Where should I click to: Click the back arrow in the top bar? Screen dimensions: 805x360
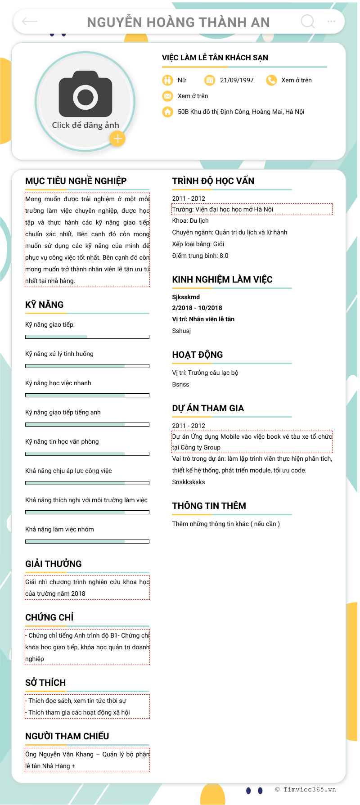pos(30,21)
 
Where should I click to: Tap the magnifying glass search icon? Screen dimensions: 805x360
pos(308,21)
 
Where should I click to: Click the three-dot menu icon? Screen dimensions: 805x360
pos(331,21)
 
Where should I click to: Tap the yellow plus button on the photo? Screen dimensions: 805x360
pos(117,139)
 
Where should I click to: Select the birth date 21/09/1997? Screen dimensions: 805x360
pos(237,80)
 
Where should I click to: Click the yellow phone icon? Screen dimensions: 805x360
pos(271,80)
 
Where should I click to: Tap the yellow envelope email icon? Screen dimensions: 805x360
pos(167,96)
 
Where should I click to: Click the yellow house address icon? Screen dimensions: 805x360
pos(167,112)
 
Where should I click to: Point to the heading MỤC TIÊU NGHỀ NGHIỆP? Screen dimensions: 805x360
pos(76,181)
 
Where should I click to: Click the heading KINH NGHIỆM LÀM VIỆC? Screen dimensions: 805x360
pos(222,279)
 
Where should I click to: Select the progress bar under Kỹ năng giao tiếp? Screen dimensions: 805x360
pos(87,337)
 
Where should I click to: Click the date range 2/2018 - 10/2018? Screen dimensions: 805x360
pos(197,308)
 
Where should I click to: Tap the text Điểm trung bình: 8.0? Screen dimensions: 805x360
pos(200,256)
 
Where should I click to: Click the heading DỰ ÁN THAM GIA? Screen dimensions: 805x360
pos(208,408)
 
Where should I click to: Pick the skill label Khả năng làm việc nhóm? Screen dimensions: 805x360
pos(59,529)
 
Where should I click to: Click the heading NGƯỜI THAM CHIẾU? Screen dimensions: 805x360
pos(67,736)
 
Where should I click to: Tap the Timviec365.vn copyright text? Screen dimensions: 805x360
pos(306,789)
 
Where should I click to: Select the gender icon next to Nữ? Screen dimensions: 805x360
pos(167,80)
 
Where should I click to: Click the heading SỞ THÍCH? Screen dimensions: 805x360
pos(45,683)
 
